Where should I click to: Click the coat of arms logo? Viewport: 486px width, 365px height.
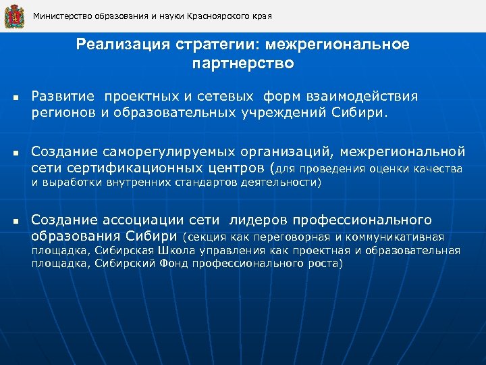click(13, 16)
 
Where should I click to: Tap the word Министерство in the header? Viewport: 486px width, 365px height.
click(61, 16)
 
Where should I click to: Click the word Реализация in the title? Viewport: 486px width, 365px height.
click(122, 45)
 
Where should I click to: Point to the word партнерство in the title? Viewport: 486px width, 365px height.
click(242, 64)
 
